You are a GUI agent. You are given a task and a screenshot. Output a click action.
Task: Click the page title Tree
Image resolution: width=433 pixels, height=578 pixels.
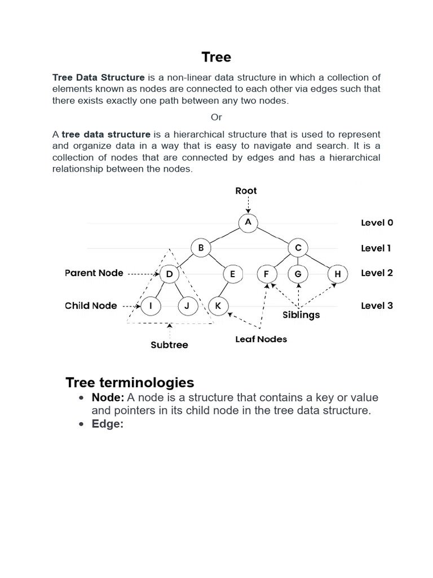click(x=216, y=57)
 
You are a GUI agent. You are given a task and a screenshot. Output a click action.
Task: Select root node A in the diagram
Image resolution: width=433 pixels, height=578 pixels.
click(x=248, y=222)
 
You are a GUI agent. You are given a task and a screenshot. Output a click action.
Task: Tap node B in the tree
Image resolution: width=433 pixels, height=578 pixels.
click(x=201, y=248)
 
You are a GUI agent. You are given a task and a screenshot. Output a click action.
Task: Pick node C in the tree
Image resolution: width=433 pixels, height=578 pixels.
click(x=298, y=248)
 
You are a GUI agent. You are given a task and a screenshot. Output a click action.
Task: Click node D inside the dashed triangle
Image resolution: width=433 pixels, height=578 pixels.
click(x=169, y=275)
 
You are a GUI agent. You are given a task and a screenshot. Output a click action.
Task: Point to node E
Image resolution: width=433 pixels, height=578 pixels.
click(x=232, y=275)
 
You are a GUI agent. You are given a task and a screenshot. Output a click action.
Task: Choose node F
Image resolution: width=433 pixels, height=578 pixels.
click(x=266, y=275)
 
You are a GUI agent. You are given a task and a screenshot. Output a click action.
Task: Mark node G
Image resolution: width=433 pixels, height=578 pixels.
click(x=298, y=275)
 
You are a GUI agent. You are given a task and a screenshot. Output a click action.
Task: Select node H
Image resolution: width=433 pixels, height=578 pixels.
click(x=338, y=275)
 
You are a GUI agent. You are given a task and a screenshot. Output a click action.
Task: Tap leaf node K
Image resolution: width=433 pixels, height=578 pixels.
click(x=218, y=306)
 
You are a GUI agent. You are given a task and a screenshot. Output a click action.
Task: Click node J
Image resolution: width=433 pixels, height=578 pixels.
click(x=187, y=306)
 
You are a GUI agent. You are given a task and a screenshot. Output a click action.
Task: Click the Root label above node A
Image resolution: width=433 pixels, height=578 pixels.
click(x=246, y=191)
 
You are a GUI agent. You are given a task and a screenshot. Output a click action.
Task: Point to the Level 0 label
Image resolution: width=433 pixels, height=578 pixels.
click(x=377, y=222)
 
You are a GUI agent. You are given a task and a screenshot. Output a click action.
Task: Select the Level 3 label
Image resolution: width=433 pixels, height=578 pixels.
click(x=377, y=306)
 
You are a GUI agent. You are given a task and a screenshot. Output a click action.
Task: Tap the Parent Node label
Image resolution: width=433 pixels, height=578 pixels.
click(x=94, y=273)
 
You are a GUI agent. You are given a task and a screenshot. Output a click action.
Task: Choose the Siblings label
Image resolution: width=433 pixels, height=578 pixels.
click(x=301, y=315)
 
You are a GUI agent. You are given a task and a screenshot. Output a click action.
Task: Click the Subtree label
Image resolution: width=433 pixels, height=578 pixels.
click(x=169, y=344)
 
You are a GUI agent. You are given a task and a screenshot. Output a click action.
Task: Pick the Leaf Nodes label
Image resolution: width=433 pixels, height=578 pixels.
click(x=261, y=339)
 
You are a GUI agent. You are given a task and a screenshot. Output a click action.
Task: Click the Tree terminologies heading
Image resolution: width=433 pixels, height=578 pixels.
click(x=130, y=382)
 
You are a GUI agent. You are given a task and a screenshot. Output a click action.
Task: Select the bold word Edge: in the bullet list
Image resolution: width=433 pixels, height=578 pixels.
click(x=107, y=424)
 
